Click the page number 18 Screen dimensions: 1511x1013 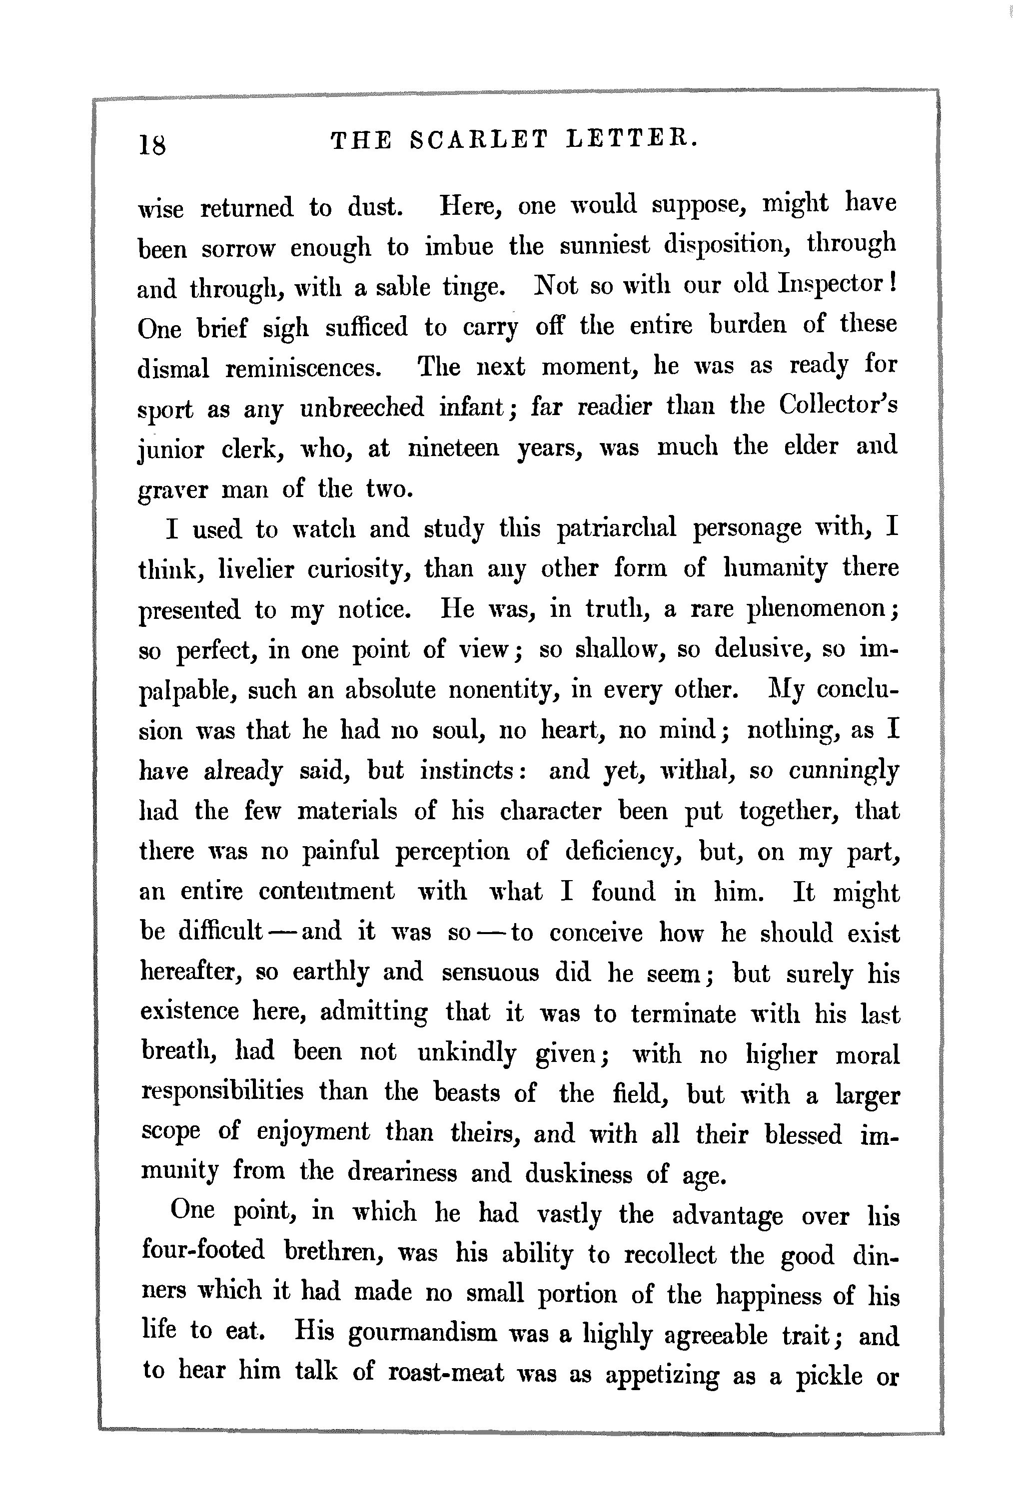pyautogui.click(x=152, y=144)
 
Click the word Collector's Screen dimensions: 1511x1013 pyautogui.click(x=838, y=406)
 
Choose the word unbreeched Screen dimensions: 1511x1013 pyautogui.click(x=362, y=408)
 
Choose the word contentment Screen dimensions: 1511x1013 pyautogui.click(x=326, y=892)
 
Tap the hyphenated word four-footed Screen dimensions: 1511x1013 pyautogui.click(x=203, y=1251)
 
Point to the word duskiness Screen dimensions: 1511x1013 pyautogui.click(x=578, y=1173)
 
